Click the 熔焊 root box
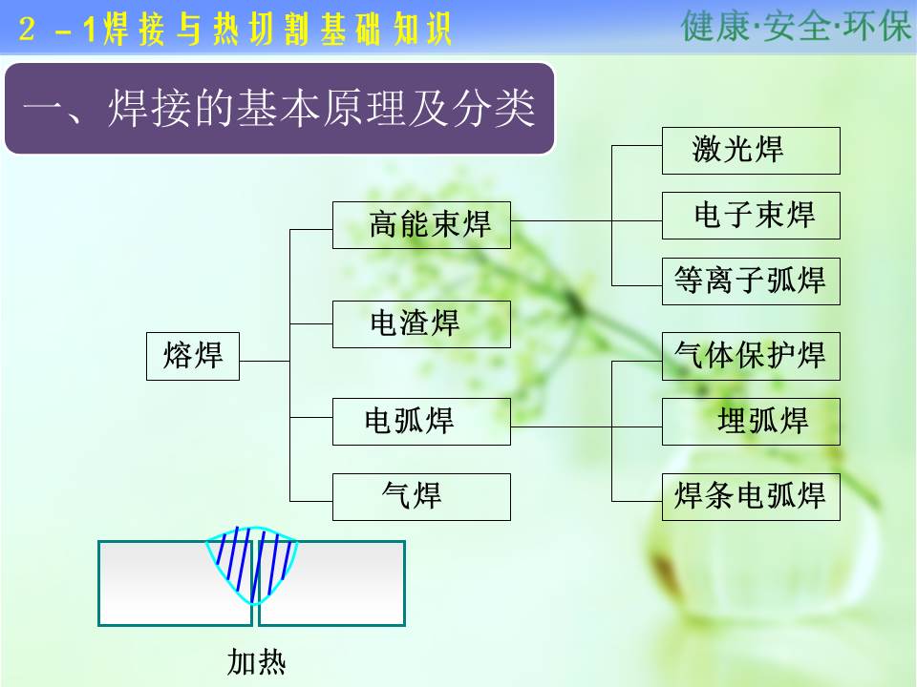[x=193, y=356]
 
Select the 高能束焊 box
[x=421, y=225]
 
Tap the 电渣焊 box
[x=421, y=324]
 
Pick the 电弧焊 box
[x=421, y=422]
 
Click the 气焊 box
[x=421, y=496]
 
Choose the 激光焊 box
[x=751, y=151]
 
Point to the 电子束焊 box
[x=751, y=216]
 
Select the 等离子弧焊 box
[x=751, y=281]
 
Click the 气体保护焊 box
[x=751, y=356]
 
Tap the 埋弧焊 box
[x=751, y=422]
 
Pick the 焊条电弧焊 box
[x=751, y=496]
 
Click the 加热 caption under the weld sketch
[x=256, y=662]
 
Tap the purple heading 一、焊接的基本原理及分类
[x=279, y=109]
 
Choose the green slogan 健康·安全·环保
[x=797, y=26]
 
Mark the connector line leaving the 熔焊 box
[x=265, y=361]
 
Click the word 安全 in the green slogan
[x=797, y=26]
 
